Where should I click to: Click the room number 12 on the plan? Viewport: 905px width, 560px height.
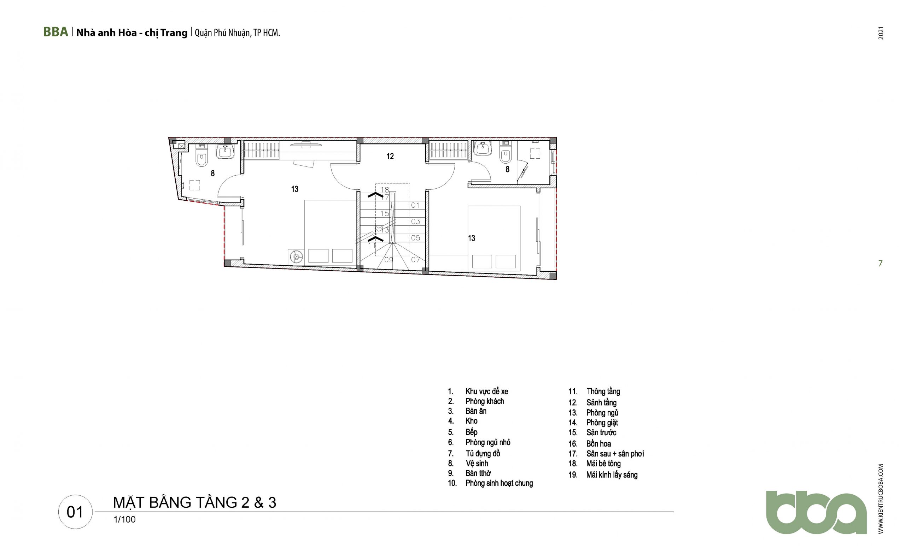pyautogui.click(x=390, y=156)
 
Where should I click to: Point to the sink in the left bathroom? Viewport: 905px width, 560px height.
pyautogui.click(x=225, y=152)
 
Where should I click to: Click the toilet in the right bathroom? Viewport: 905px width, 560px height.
pyautogui.click(x=506, y=153)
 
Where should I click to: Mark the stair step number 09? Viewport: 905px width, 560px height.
pyautogui.click(x=389, y=260)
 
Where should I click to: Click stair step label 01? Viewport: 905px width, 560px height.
pyautogui.click(x=415, y=205)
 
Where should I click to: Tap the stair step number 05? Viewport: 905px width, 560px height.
pyautogui.click(x=415, y=238)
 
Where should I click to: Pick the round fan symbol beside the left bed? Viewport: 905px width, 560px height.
pyautogui.click(x=296, y=256)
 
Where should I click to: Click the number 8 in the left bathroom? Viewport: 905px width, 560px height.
pyautogui.click(x=213, y=173)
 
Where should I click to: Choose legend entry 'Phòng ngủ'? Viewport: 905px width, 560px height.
pyautogui.click(x=602, y=413)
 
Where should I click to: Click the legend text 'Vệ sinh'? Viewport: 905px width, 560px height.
pyautogui.click(x=477, y=463)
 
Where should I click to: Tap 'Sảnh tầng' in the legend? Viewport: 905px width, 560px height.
pyautogui.click(x=601, y=402)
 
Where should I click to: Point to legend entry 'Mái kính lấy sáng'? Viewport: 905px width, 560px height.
pyautogui.click(x=612, y=475)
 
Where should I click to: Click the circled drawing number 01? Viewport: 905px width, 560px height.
pyautogui.click(x=75, y=512)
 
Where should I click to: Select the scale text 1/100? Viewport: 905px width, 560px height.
pyautogui.click(x=124, y=520)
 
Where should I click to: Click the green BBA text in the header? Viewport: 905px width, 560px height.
pyautogui.click(x=56, y=32)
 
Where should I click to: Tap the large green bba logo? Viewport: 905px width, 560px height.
pyautogui.click(x=816, y=512)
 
